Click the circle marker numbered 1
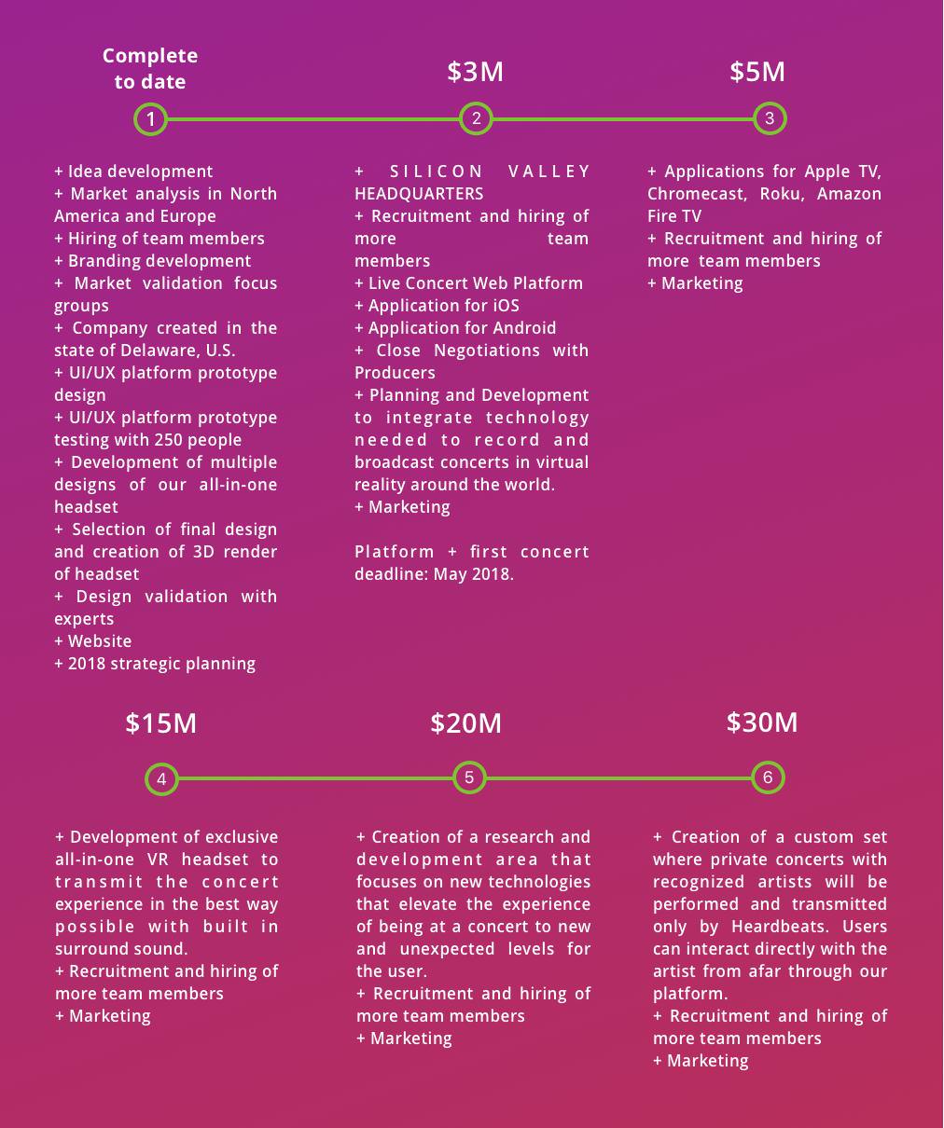[x=150, y=119]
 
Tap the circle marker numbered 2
[x=476, y=118]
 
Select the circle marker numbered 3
[x=769, y=118]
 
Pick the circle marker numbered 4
[x=161, y=779]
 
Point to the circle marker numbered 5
[x=469, y=777]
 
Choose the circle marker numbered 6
[x=768, y=777]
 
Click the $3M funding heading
[x=475, y=72]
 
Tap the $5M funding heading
[x=757, y=72]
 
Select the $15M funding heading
[x=160, y=723]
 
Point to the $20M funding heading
[x=465, y=723]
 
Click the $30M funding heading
[x=761, y=722]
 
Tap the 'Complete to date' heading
[x=150, y=69]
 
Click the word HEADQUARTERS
[x=419, y=194]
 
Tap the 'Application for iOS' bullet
[x=443, y=306]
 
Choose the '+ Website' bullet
[x=93, y=641]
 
